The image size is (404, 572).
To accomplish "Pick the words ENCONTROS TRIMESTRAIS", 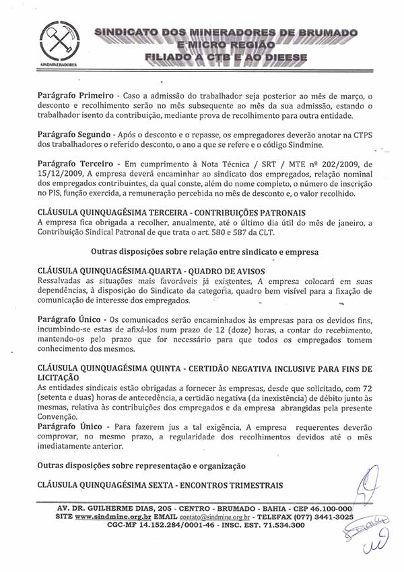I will click(x=230, y=485).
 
